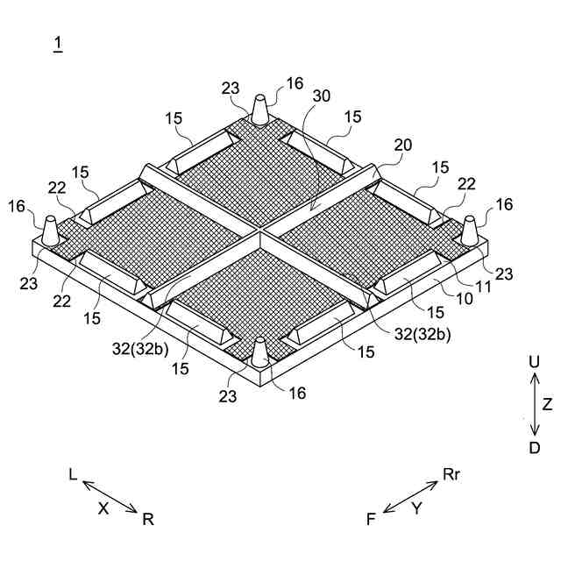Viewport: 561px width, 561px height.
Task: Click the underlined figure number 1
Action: click(58, 44)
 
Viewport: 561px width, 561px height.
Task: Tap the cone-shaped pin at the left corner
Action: click(50, 231)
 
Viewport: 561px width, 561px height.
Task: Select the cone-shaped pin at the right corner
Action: click(471, 230)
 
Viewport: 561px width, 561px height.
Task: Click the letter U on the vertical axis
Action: click(534, 361)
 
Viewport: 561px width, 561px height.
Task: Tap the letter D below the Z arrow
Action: click(534, 448)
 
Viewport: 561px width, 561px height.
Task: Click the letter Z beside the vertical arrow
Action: click(547, 404)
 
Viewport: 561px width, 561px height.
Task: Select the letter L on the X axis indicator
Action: click(74, 474)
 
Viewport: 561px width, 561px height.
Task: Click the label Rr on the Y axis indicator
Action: click(451, 474)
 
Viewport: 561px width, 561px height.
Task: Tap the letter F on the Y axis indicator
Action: click(372, 519)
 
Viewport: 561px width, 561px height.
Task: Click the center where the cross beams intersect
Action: click(259, 232)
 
